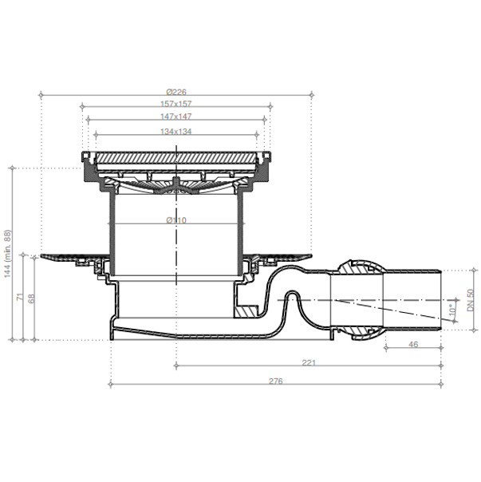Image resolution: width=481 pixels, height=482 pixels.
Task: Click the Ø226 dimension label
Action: (176, 92)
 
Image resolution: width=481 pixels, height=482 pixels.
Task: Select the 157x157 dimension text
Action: (175, 104)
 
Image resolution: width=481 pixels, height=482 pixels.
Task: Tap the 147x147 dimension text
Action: (175, 117)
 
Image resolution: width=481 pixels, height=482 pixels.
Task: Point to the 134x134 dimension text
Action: (175, 132)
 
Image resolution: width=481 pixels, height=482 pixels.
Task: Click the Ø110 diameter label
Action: (176, 220)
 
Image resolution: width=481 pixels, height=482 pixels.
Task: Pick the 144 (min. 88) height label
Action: (7, 254)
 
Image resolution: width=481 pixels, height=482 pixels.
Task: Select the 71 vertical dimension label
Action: (20, 297)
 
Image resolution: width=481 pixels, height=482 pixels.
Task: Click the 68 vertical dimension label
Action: (31, 298)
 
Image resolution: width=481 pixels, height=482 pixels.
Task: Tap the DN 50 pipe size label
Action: (471, 300)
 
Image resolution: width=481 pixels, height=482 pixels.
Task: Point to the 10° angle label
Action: (452, 308)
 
